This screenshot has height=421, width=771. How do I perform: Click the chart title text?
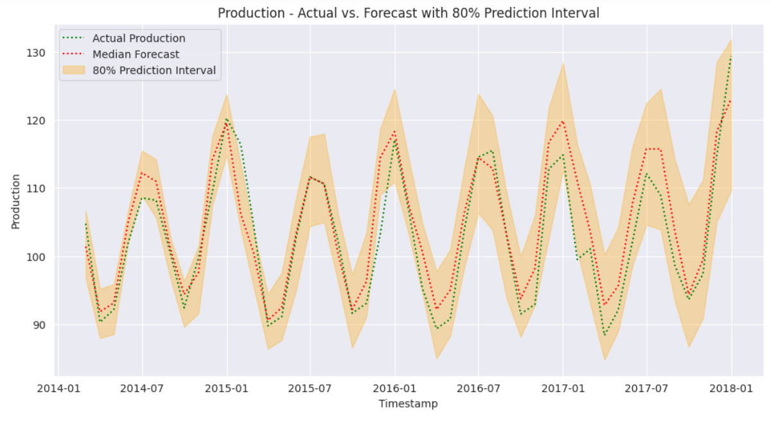pos(408,13)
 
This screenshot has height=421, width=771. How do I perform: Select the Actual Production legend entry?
pos(139,39)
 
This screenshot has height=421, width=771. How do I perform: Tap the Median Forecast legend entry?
pos(136,55)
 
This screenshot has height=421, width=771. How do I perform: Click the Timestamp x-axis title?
pos(408,404)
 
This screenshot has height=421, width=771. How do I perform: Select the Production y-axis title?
pos(15,201)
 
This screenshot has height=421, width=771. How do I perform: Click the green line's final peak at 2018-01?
pos(731,57)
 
